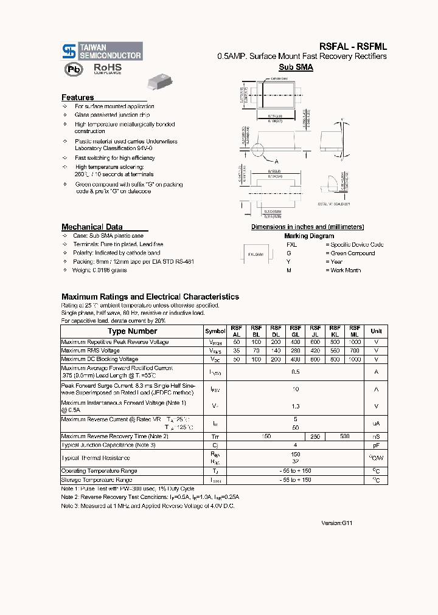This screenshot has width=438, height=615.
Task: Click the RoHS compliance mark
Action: click(x=107, y=69)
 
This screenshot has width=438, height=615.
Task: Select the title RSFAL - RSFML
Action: click(x=353, y=46)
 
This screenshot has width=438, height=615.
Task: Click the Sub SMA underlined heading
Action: click(x=296, y=67)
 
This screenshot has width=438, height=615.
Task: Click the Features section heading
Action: click(x=78, y=97)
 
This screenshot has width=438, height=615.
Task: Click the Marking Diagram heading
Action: click(x=308, y=236)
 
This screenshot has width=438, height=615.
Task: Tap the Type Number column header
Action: click(x=132, y=331)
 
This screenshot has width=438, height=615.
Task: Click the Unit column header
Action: click(x=376, y=331)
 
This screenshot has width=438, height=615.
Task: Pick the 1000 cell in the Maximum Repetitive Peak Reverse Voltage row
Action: click(x=355, y=342)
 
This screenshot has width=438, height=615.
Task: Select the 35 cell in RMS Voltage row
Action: click(x=236, y=351)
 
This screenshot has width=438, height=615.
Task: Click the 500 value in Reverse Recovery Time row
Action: click(x=345, y=436)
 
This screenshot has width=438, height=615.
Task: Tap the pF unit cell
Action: click(x=376, y=445)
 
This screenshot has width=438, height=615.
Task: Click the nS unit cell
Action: click(x=376, y=436)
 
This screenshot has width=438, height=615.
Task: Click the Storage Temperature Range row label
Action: click(x=97, y=480)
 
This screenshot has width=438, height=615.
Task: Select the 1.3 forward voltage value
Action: click(x=296, y=406)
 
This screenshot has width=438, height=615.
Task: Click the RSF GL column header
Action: click(x=296, y=331)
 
